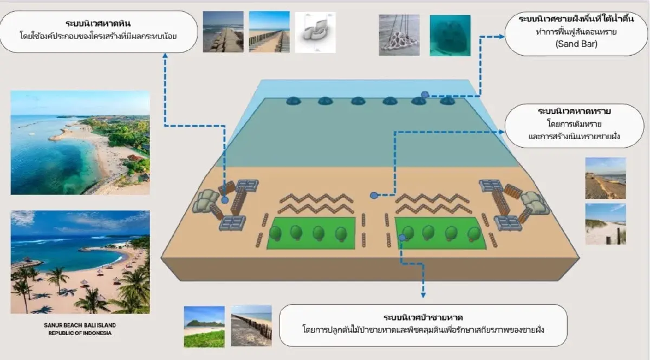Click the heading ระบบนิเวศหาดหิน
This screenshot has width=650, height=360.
point(98,24)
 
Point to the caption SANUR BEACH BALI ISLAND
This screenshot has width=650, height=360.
point(80,325)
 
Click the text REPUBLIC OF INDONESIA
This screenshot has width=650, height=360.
point(80,333)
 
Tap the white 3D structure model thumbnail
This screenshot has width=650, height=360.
point(315,32)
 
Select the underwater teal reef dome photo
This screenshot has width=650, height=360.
point(450,35)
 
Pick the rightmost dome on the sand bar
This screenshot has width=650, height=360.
point(446,101)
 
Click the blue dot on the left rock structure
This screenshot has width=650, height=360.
point(225,200)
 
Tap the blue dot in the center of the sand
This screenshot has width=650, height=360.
point(373,195)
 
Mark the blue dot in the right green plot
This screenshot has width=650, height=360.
point(402,237)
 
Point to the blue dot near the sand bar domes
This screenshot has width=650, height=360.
point(425,95)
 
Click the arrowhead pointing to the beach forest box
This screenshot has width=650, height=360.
point(423,295)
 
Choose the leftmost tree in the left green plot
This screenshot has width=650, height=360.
point(275,233)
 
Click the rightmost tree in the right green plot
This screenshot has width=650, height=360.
point(473,233)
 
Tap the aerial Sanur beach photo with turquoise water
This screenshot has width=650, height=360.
point(80,142)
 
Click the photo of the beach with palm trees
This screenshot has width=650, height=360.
point(80,262)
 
